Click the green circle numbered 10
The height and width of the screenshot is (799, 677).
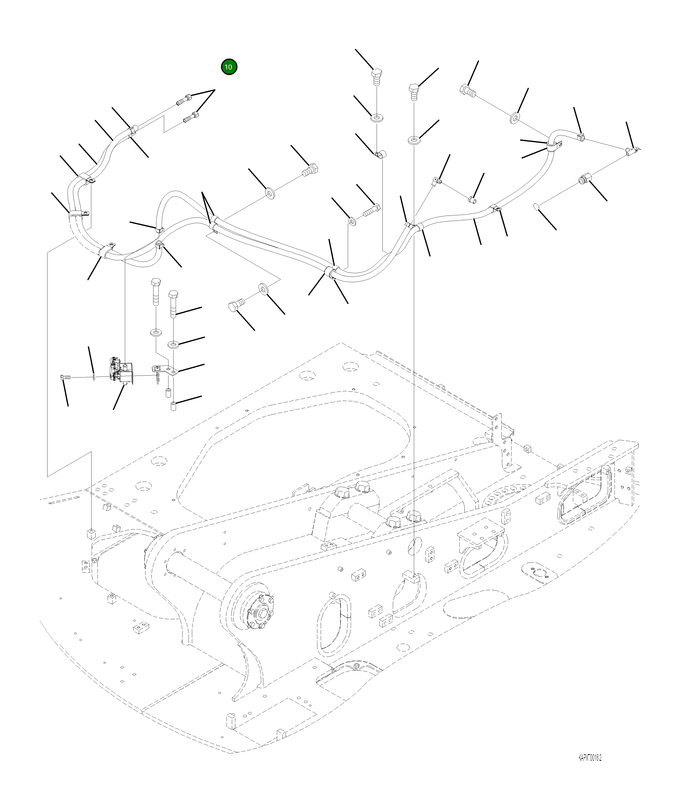click(229, 67)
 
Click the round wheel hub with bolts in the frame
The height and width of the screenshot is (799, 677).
click(261, 613)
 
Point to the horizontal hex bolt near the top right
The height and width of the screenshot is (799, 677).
click(467, 91)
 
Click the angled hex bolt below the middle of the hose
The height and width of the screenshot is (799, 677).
click(235, 305)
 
